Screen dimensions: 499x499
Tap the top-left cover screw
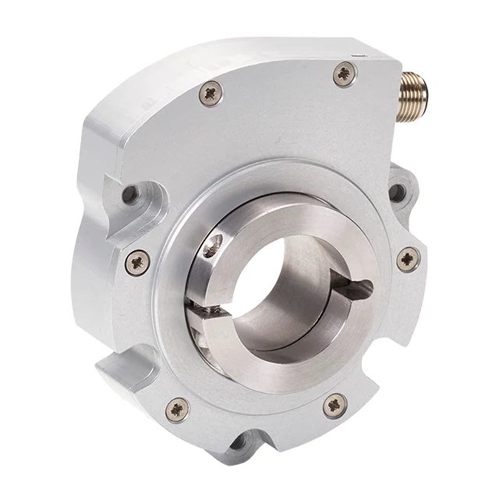tap(211, 94)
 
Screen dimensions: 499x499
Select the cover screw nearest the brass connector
tap(343, 75)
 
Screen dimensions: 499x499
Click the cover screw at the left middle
tap(137, 262)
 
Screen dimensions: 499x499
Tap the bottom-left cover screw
tap(178, 408)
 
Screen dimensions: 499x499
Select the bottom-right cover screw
tap(335, 404)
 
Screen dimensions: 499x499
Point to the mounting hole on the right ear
tap(397, 192)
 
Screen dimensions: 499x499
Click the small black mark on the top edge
tap(356, 55)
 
